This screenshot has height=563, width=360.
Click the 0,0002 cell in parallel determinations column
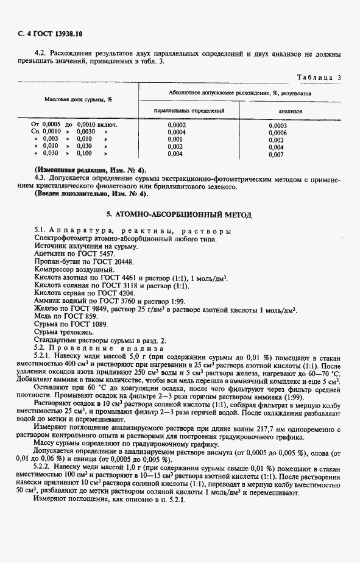coord(176,125)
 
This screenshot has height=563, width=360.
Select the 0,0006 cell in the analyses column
coord(277,132)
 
